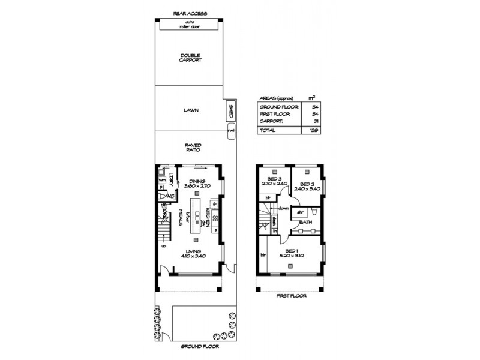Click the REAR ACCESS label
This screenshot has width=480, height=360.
point(190,13)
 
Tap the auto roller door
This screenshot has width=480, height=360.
point(190,25)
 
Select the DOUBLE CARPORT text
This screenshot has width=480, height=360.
point(190,58)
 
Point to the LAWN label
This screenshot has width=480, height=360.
point(191,110)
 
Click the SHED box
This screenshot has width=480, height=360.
point(230,111)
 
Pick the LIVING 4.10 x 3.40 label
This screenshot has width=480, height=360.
point(192,253)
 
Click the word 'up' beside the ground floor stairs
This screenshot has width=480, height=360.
point(163,245)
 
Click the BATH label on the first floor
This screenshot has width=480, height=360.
point(305,222)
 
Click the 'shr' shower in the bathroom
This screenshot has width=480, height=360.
point(298,211)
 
